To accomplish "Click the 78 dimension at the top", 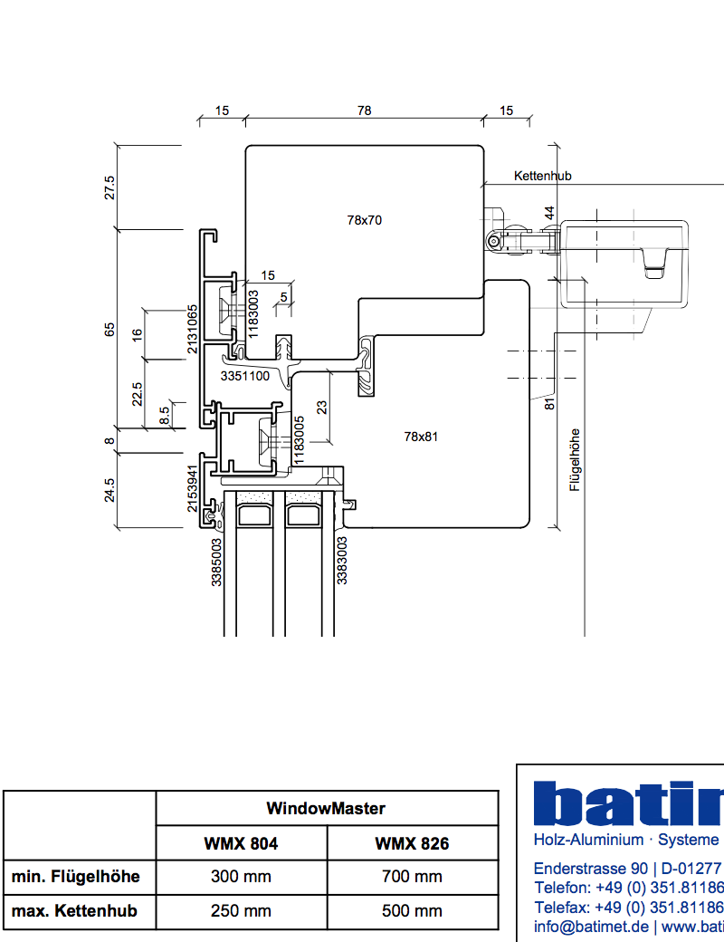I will (x=364, y=111).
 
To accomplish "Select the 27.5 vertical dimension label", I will (x=110, y=187).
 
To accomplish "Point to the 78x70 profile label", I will (x=365, y=219).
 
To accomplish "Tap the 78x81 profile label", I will (x=421, y=437).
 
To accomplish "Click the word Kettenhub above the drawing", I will (x=542, y=176).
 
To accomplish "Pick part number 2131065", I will (x=193, y=329).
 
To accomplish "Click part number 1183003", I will (x=254, y=312).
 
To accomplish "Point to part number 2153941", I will (x=193, y=489).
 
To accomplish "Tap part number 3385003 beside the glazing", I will (x=217, y=562).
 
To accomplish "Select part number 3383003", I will (x=342, y=560).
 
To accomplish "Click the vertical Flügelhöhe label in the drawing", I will (x=574, y=459).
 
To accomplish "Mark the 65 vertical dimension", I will (x=110, y=329).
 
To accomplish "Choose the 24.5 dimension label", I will (x=110, y=490).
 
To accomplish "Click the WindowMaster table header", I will (x=326, y=808).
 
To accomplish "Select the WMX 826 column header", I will (x=412, y=843).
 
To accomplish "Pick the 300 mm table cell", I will (x=240, y=877).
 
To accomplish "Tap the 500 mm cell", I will (x=412, y=911).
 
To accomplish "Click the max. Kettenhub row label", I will (x=74, y=911).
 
